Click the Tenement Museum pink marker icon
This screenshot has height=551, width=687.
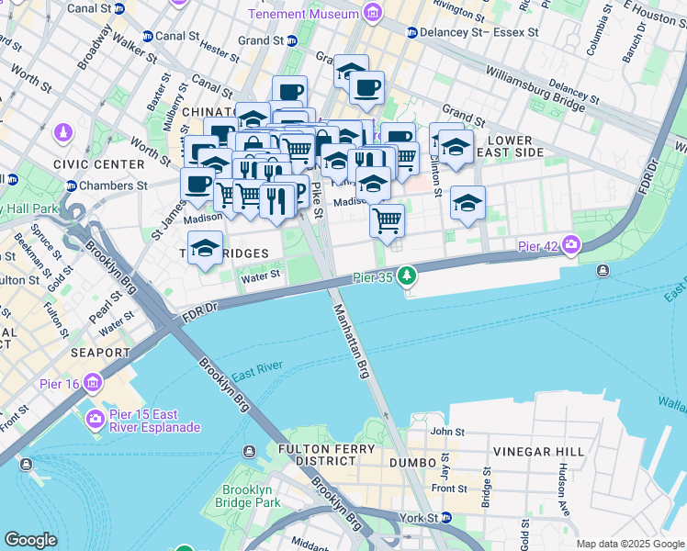[372, 13]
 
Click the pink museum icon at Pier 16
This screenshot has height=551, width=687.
[93, 382]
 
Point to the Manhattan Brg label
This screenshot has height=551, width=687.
[351, 343]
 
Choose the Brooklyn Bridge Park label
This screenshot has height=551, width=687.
[247, 496]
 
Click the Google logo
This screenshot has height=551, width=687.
[30, 539]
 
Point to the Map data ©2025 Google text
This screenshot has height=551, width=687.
[629, 544]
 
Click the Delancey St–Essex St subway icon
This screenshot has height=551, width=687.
[412, 32]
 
